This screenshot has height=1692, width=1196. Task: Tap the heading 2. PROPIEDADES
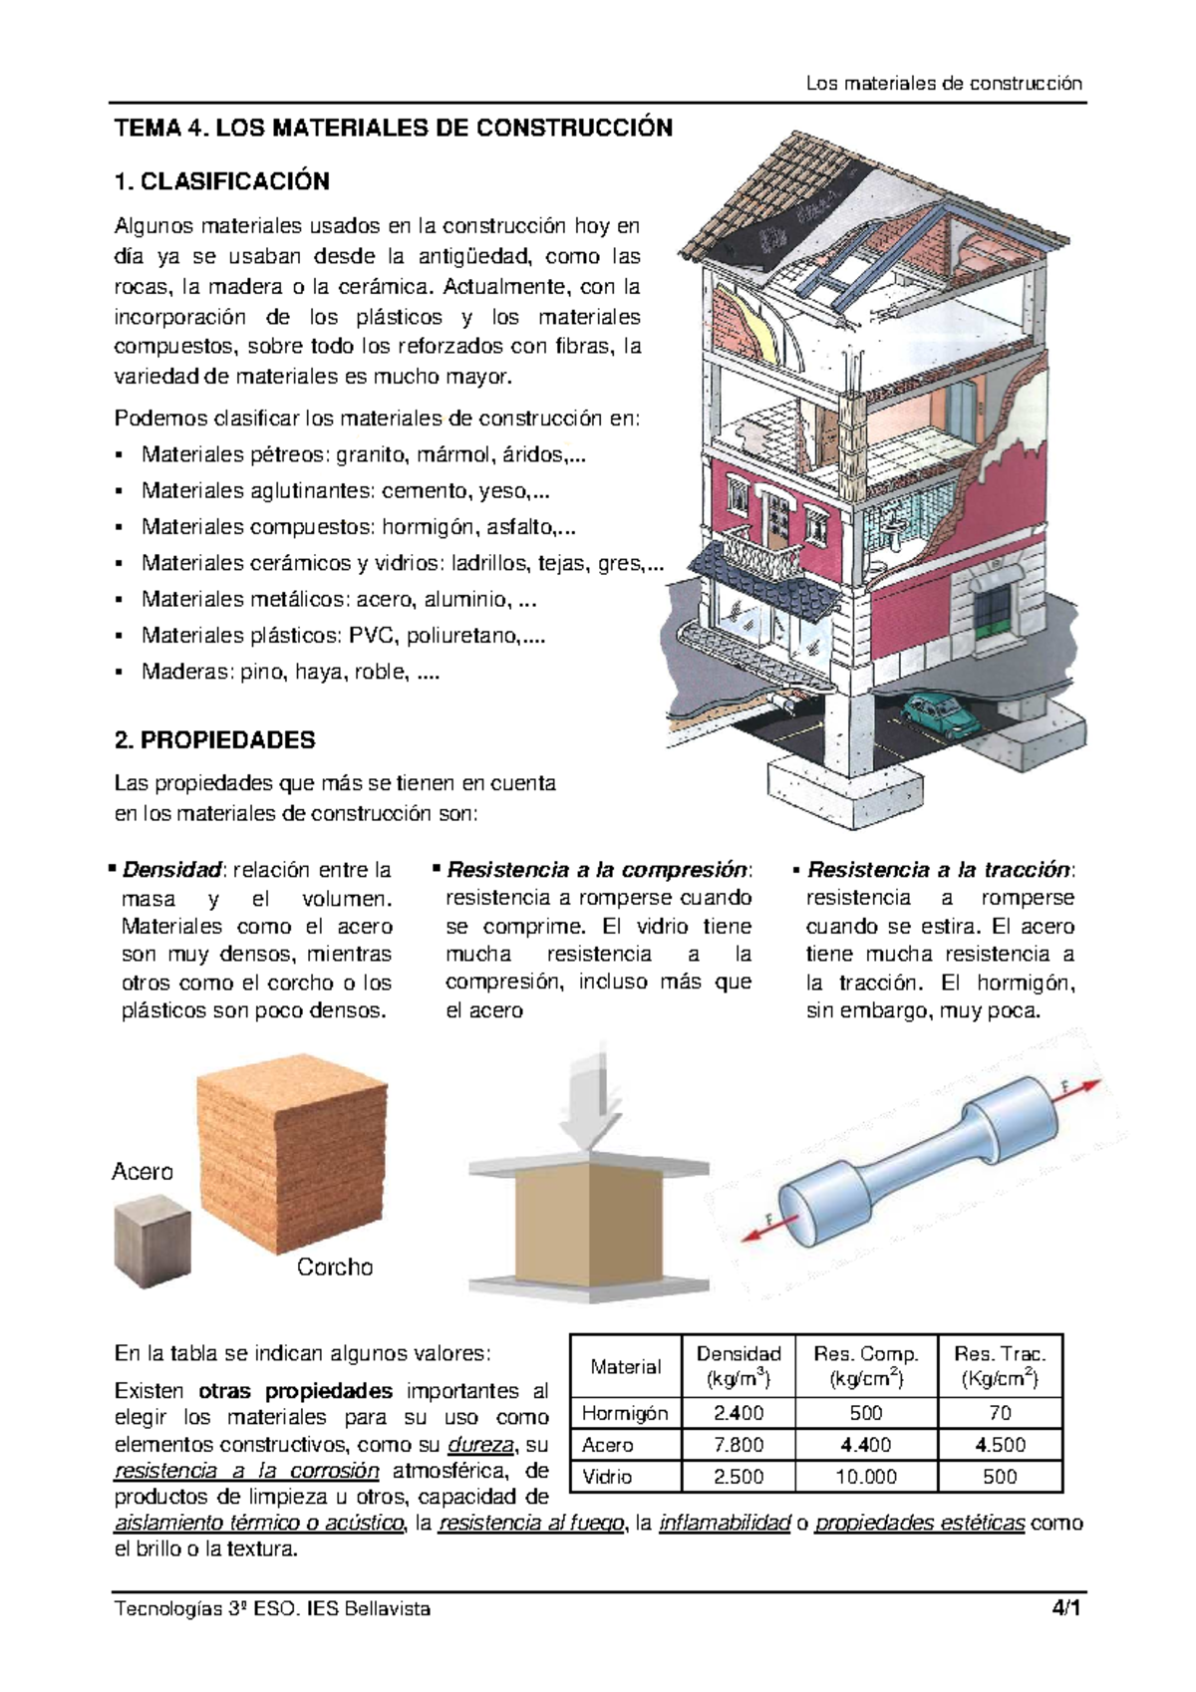(214, 740)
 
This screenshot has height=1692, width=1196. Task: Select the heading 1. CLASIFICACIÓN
(221, 181)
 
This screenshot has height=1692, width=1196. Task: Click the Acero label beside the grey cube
(142, 1172)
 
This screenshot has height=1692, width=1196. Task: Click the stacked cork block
(292, 1156)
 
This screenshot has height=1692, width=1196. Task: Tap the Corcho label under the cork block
(335, 1268)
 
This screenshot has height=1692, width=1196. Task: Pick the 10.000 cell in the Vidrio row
(865, 1477)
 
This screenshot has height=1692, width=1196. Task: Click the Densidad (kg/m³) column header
(738, 1366)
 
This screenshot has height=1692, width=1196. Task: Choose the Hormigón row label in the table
(625, 1413)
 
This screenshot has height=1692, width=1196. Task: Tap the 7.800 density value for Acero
(738, 1445)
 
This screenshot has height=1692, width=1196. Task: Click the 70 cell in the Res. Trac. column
(1000, 1413)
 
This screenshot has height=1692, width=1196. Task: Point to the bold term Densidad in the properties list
(170, 870)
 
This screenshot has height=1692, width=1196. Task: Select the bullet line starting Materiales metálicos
(339, 599)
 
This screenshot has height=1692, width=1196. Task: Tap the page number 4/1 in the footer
(1065, 1608)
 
